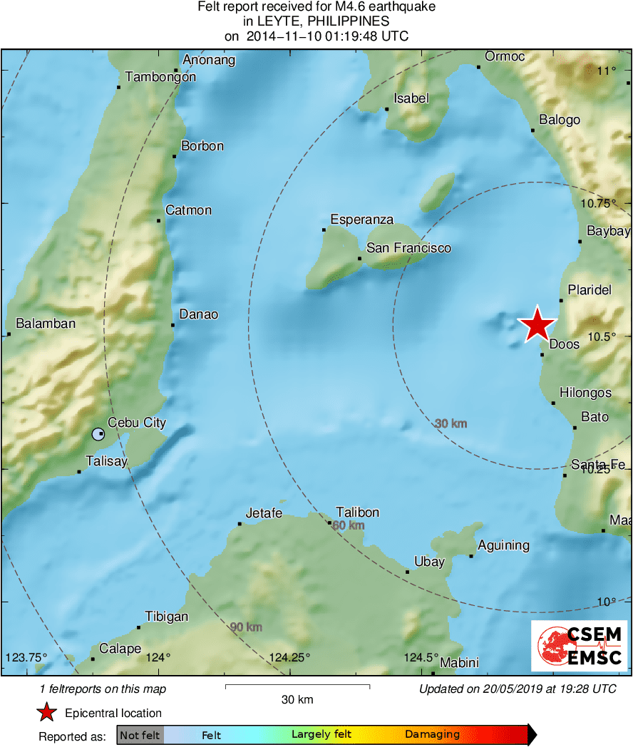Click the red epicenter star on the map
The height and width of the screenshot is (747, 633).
(537, 324)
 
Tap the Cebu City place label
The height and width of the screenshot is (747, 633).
(136, 423)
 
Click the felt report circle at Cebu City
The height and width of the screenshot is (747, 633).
(98, 433)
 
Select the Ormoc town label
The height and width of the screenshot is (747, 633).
(505, 56)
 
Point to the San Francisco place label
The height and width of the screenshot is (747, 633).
(408, 248)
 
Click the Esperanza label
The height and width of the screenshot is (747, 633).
(362, 220)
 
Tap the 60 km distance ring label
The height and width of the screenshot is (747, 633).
(349, 525)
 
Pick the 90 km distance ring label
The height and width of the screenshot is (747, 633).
(246, 627)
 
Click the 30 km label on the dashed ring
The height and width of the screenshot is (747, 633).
(451, 423)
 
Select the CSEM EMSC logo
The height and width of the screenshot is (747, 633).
(579, 645)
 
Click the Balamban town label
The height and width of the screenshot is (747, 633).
(46, 324)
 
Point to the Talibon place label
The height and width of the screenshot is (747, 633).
(358, 512)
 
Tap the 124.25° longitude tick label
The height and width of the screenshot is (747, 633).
(290, 657)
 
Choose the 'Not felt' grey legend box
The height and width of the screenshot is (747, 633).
(140, 735)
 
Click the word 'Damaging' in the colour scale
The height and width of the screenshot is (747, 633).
(432, 735)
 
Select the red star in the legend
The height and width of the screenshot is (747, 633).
(47, 712)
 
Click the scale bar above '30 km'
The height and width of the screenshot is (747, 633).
(297, 686)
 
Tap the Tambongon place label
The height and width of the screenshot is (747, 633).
(160, 77)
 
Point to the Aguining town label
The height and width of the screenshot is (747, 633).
(503, 545)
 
